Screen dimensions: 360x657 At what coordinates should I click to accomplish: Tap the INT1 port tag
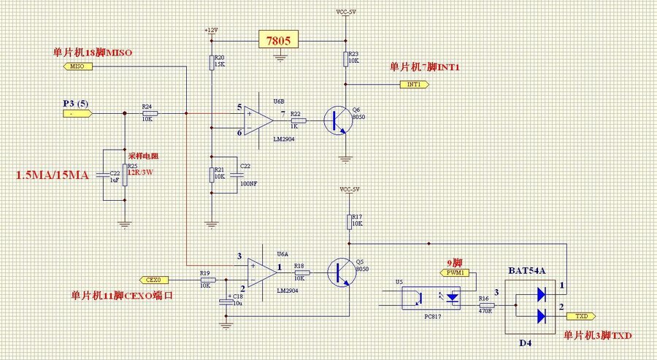(414, 84)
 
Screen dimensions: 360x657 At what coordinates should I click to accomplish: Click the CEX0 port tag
(153, 280)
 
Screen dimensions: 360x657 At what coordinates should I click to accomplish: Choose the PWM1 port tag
(456, 273)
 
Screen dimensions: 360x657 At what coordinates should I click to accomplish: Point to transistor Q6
(338, 120)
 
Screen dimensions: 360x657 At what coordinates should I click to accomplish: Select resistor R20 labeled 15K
(212, 61)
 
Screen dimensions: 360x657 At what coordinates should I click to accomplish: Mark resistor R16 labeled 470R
(483, 306)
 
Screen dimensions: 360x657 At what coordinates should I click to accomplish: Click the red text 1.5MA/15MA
(52, 175)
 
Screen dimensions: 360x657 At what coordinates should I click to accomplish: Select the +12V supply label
(210, 31)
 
